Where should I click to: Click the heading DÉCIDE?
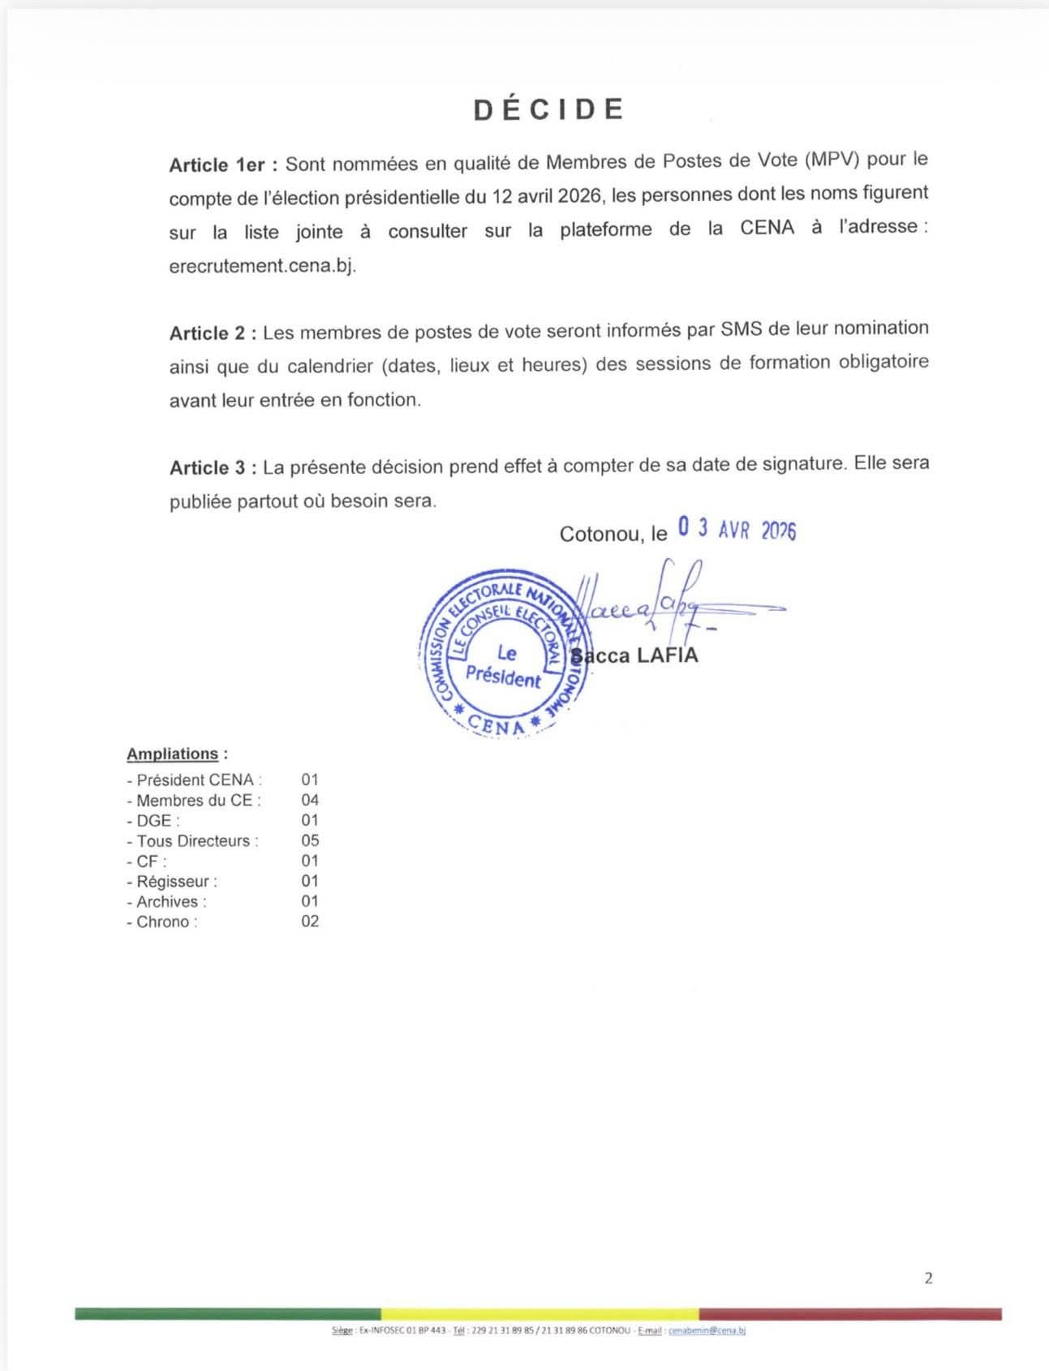548,110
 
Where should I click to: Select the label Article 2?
213,333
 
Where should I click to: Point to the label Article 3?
213,467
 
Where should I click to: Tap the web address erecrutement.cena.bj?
262,266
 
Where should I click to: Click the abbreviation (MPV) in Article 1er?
832,160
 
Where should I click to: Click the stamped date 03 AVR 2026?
737,530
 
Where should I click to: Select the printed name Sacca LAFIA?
635,655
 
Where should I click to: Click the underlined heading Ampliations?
173,754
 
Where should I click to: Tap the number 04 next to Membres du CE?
310,800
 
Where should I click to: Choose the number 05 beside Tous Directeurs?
310,840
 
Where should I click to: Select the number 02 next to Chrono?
310,922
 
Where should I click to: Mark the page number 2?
928,1279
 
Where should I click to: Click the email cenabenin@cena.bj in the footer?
707,1330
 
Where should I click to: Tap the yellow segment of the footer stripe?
540,1313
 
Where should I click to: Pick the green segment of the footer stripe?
227,1313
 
